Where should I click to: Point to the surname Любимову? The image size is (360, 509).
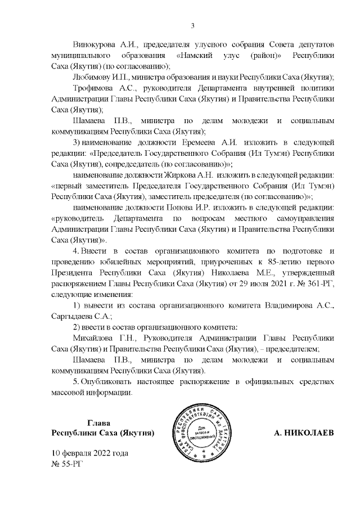tap(91, 76)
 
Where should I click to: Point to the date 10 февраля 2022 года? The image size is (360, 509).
tap(89, 453)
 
